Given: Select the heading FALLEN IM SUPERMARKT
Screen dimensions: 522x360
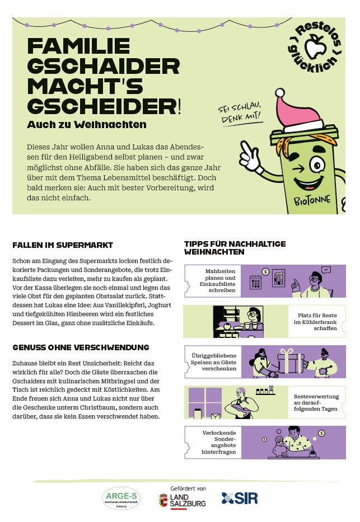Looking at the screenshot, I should pos(63,245).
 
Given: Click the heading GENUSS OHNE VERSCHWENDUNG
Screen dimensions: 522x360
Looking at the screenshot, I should pos(81,347).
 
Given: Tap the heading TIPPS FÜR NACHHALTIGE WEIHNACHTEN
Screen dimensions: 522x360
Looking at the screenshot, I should pos(235,247).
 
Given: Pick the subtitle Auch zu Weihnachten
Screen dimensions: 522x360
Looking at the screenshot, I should pos(87,124).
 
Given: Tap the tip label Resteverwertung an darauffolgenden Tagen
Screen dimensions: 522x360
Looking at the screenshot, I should pos(316,402).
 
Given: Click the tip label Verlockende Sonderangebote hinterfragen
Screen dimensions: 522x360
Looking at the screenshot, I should pos(219,442).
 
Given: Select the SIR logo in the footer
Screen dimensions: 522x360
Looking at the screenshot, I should pos(240,498).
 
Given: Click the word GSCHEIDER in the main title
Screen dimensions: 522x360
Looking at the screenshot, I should pos(101,105).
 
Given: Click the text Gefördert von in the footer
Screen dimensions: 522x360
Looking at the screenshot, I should pos(188,488).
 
